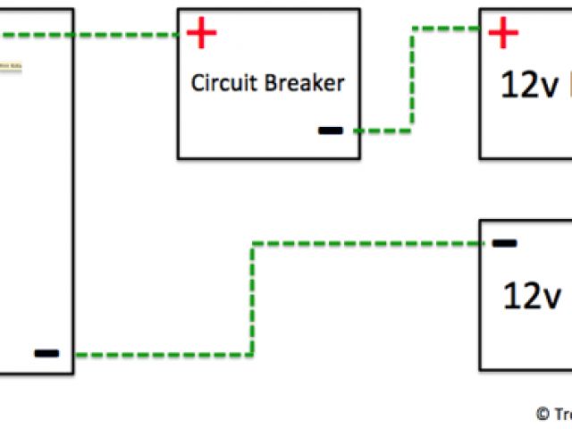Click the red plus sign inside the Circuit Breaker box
(x=201, y=35)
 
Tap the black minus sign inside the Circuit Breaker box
(x=330, y=130)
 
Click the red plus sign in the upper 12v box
(x=503, y=34)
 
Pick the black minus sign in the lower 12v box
(x=504, y=242)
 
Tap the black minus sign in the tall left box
(x=46, y=353)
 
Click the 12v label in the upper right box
(x=529, y=86)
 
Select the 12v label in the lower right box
(x=531, y=295)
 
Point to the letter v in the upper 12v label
(x=550, y=88)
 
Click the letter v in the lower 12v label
(x=551, y=297)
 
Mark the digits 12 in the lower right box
(x=520, y=295)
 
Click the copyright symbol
(x=542, y=414)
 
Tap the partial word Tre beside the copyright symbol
(x=561, y=414)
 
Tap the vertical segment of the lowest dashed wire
(x=253, y=299)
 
